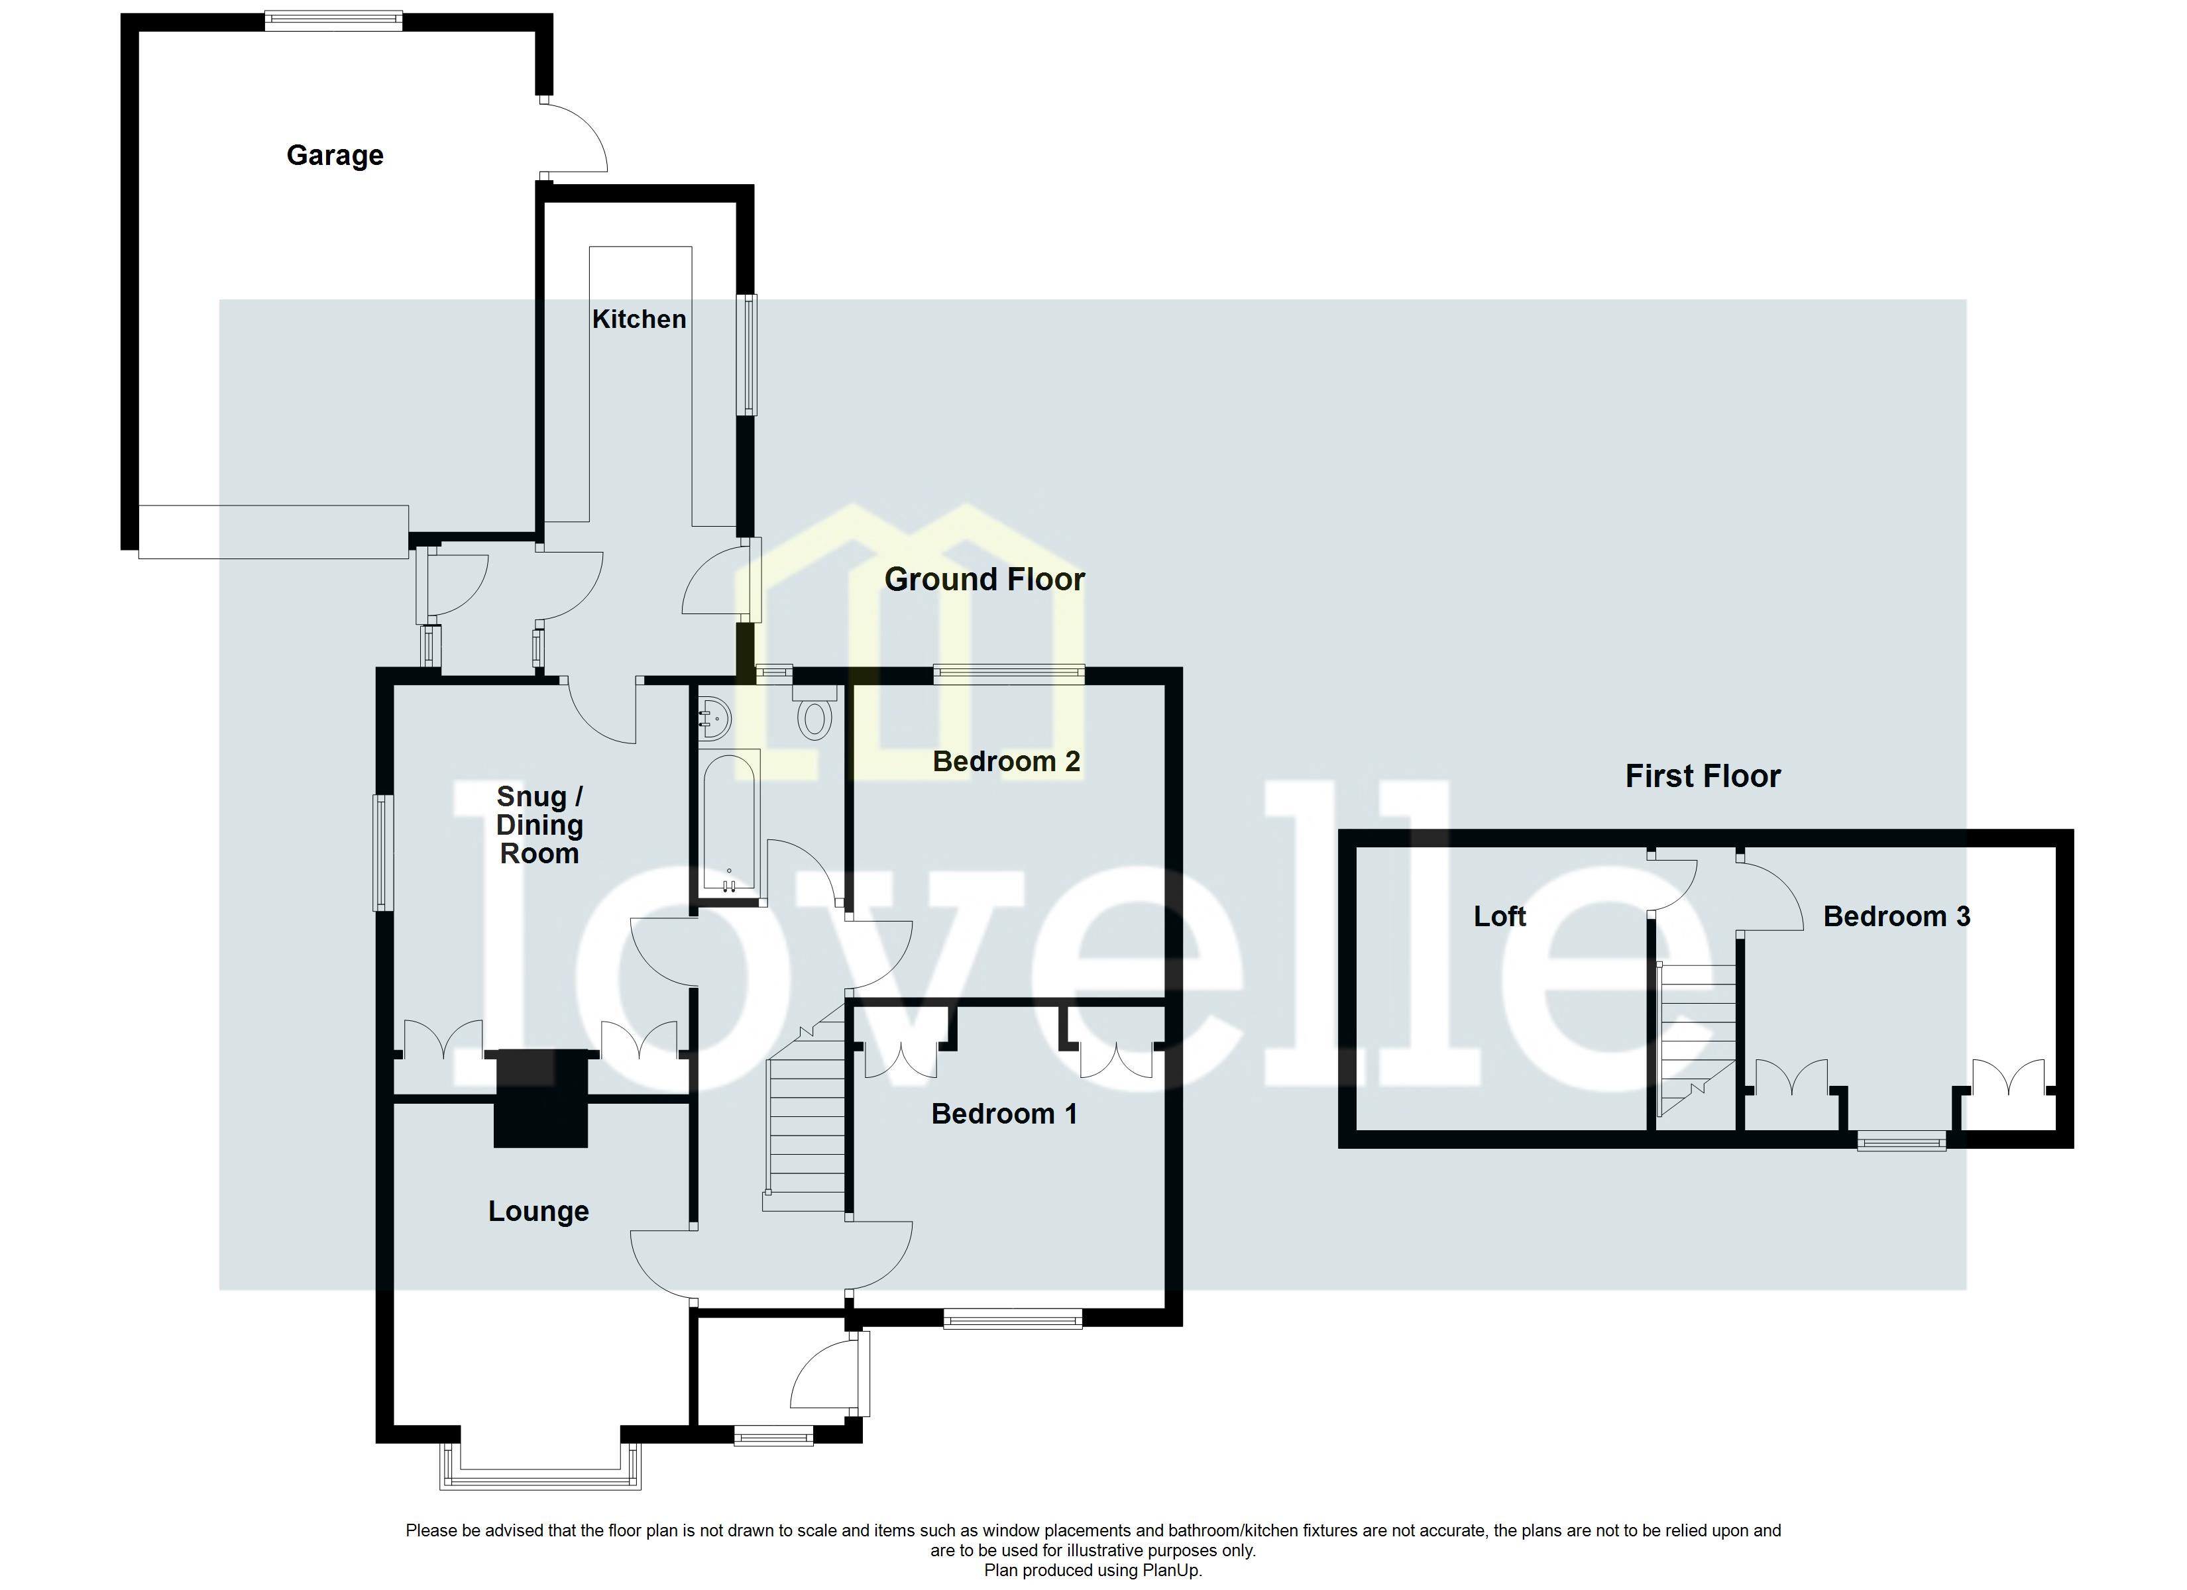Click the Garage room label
335,155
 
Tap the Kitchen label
638,319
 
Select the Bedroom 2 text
1006,762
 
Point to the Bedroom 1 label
1004,1114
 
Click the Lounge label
538,1212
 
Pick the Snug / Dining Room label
539,825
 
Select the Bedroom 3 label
1896,916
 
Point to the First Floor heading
1702,776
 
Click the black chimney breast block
540,1098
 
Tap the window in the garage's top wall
333,21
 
